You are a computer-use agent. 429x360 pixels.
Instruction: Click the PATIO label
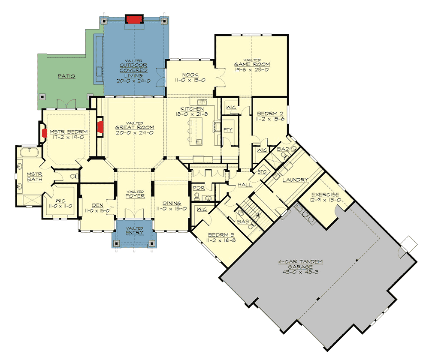click(x=66, y=76)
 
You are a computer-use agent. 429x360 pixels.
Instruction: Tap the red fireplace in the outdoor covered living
click(x=133, y=19)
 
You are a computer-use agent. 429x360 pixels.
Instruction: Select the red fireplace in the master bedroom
click(x=44, y=133)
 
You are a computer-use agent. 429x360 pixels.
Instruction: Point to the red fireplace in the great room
click(x=101, y=127)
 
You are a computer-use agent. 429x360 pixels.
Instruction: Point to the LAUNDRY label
click(x=295, y=180)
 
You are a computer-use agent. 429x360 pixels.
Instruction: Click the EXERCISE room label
click(x=326, y=195)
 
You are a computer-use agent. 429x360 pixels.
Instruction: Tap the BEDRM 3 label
click(x=220, y=235)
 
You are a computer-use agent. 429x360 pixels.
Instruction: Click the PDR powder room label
click(x=198, y=188)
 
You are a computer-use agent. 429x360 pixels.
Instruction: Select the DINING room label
click(x=172, y=204)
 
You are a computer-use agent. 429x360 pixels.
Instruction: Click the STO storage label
click(x=263, y=172)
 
